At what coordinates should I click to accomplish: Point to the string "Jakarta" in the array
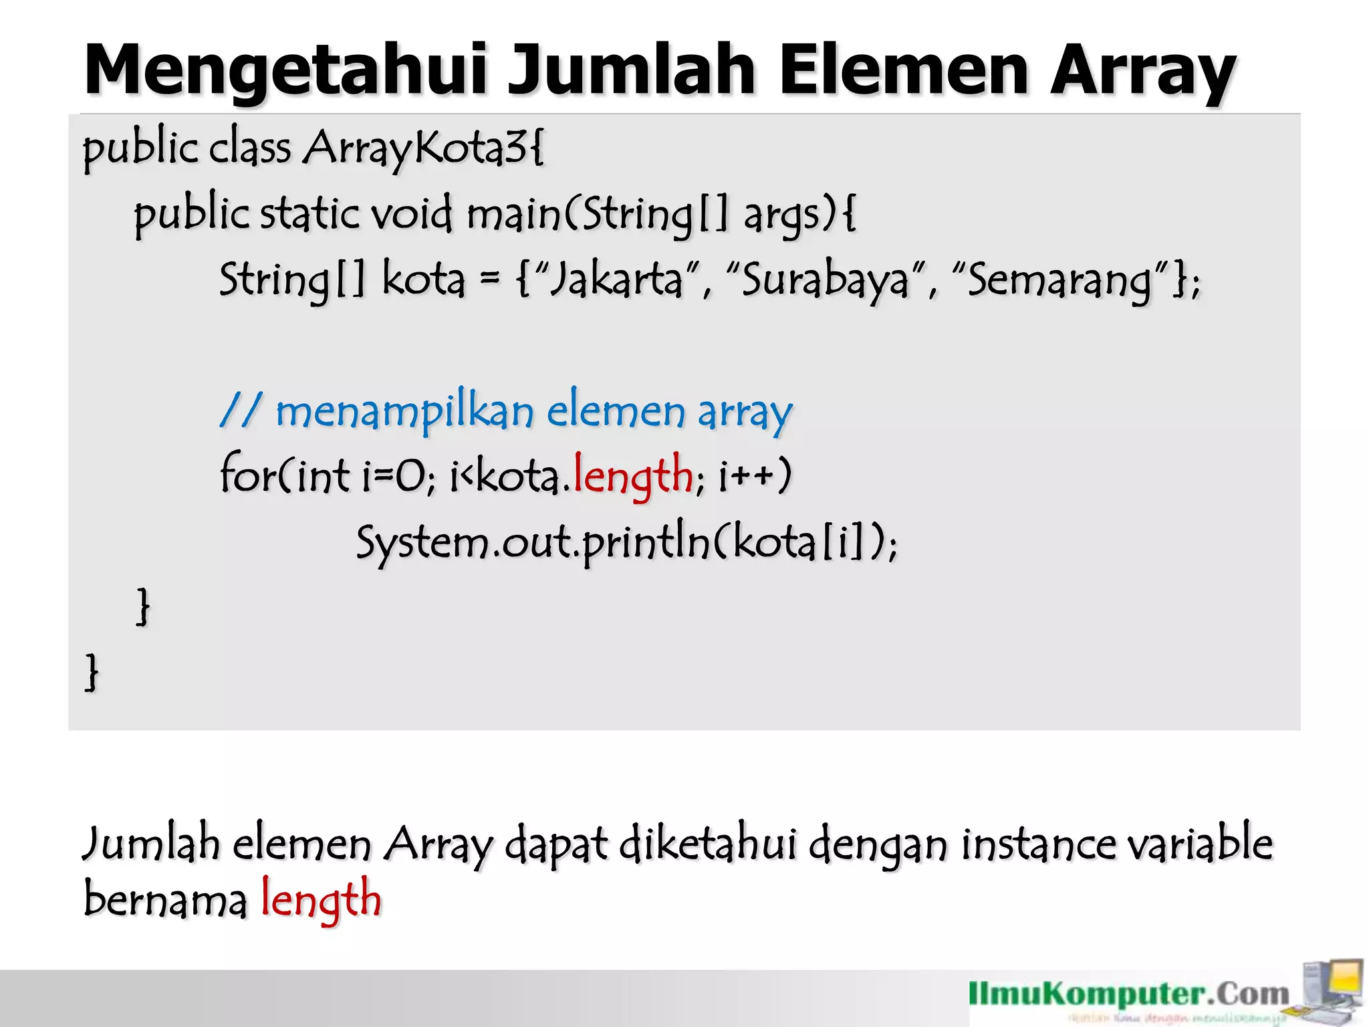click(616, 279)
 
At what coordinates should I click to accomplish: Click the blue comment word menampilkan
click(404, 411)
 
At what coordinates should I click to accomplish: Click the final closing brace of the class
click(92, 672)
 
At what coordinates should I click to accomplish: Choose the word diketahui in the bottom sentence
click(708, 844)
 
